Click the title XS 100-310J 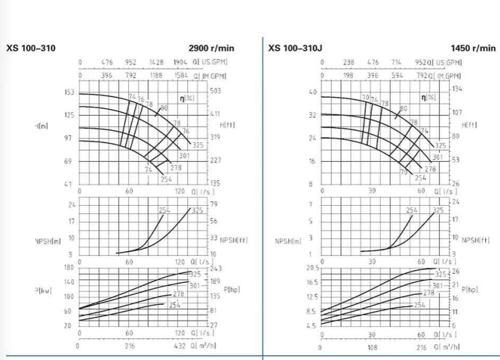coord(293,48)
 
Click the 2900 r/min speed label coord(211,48)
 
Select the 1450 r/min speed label coord(473,48)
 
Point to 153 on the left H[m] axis coord(69,92)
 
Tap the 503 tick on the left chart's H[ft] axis coord(215,91)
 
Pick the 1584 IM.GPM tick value coord(181,75)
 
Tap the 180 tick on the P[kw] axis coord(69,267)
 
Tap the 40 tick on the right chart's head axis coord(312,92)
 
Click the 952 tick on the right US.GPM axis coord(421,62)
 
